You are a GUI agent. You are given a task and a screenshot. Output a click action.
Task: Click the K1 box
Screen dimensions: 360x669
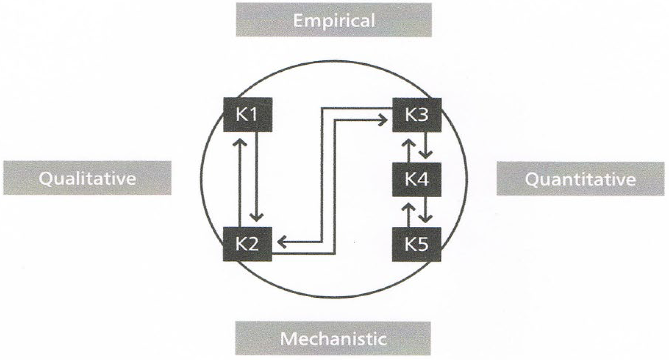(x=248, y=115)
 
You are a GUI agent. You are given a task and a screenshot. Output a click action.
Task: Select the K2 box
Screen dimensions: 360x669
(x=248, y=244)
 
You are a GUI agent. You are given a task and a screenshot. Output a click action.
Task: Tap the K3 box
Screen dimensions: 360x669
(x=417, y=115)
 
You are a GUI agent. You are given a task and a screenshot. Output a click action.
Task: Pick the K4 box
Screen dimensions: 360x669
(x=417, y=179)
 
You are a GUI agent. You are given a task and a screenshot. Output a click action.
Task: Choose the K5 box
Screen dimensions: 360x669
(x=417, y=244)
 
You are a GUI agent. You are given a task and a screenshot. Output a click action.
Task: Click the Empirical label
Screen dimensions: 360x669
(x=334, y=20)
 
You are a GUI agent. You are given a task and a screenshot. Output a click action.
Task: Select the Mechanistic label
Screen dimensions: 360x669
(x=333, y=338)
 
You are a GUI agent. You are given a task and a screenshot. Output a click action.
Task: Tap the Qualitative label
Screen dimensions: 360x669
(x=87, y=178)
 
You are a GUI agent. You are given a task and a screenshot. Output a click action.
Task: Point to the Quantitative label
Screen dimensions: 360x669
(x=580, y=179)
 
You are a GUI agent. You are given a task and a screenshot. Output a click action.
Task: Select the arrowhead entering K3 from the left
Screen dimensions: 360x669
(x=383, y=120)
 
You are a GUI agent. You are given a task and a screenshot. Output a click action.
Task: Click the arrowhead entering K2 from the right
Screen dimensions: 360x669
(x=282, y=242)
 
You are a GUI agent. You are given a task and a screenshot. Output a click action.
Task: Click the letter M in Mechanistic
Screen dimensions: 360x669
(x=288, y=338)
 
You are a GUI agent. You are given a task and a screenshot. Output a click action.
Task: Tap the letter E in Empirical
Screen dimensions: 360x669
(x=298, y=20)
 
